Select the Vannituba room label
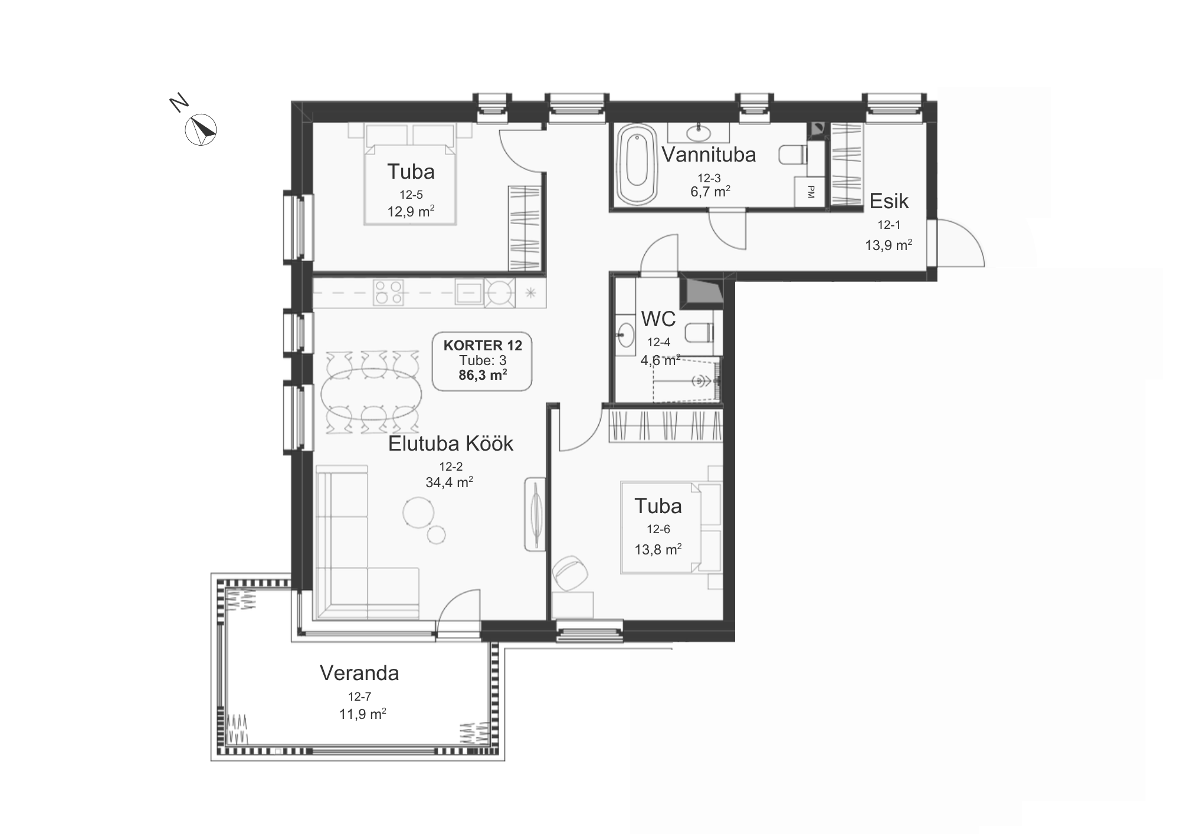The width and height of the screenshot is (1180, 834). pos(709,155)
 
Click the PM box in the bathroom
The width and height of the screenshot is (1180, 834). pos(810,192)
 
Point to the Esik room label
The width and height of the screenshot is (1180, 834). pos(889,201)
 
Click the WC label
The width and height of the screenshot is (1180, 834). pos(658,319)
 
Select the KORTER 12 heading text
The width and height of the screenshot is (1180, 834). pos(483,346)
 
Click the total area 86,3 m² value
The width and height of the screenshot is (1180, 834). pos(483,375)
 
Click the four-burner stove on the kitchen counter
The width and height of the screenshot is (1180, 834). pos(388,293)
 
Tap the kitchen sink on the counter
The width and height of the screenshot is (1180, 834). pos(470,293)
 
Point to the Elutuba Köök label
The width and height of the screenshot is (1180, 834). pos(451,444)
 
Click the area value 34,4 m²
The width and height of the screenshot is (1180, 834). pos(449,482)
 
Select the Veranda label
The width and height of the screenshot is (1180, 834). pos(359,673)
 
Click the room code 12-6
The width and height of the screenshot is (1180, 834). pos(658,529)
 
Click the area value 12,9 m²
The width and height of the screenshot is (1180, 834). pos(411,211)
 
